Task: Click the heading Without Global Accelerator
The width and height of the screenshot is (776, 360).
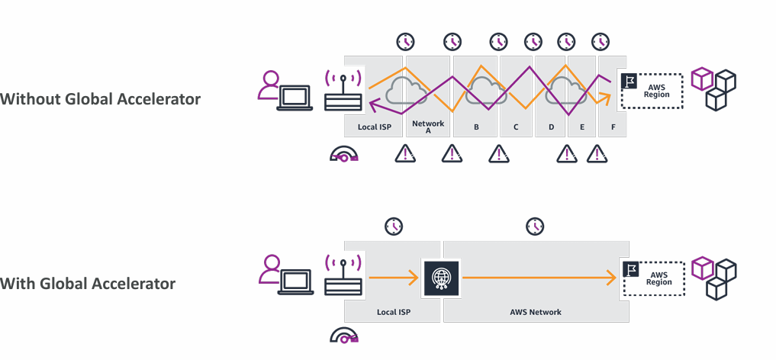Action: click(x=101, y=99)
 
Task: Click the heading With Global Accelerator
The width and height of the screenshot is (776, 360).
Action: click(x=88, y=284)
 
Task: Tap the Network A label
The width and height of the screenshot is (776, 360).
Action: click(x=427, y=127)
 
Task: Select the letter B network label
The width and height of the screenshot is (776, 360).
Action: click(x=476, y=127)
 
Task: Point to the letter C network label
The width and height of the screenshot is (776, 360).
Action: click(x=517, y=127)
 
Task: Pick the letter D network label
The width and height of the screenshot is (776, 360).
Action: click(x=551, y=127)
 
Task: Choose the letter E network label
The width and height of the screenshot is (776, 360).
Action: click(x=581, y=127)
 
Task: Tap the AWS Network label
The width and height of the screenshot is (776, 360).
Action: click(x=536, y=312)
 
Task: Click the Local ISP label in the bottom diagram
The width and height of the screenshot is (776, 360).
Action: click(x=394, y=312)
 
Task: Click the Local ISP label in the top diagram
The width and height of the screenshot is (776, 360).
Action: click(x=374, y=127)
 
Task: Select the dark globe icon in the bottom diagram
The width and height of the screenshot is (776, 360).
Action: click(x=440, y=278)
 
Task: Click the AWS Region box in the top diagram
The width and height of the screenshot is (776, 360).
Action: click(x=651, y=89)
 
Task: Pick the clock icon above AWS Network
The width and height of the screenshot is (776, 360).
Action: click(x=536, y=226)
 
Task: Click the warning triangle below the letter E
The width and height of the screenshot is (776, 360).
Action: click(x=597, y=155)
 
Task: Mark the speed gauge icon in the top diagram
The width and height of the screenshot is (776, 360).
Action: click(x=344, y=156)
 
